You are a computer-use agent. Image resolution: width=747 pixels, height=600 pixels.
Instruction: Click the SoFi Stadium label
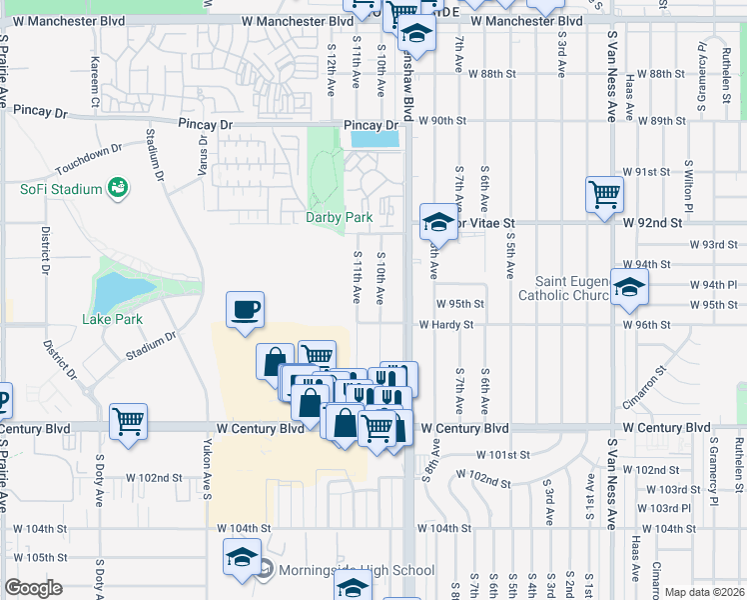[62, 190]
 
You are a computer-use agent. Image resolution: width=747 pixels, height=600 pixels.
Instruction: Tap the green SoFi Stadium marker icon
[119, 187]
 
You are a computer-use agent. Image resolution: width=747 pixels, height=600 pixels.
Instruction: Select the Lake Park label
[112, 320]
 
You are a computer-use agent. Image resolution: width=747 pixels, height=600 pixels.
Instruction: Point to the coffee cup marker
[245, 309]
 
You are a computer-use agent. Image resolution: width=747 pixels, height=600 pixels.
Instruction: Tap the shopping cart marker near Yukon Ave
[129, 422]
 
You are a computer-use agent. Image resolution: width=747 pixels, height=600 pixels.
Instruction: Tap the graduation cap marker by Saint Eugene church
[629, 288]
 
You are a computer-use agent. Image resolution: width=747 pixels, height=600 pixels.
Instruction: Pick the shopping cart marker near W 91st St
[605, 195]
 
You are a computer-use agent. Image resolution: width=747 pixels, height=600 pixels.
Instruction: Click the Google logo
[33, 588]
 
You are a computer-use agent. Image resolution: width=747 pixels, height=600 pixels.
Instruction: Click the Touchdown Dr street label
[88, 157]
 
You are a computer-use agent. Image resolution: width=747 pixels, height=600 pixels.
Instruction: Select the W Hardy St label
[445, 325]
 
